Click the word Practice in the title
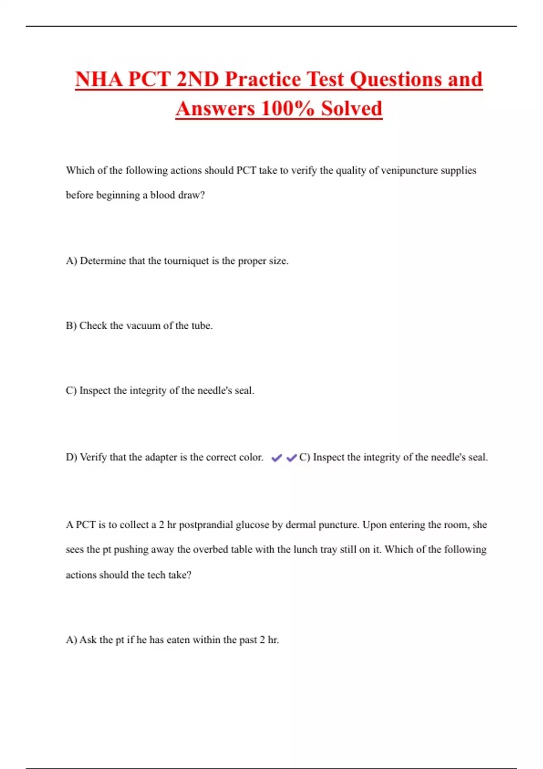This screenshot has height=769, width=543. click(x=263, y=79)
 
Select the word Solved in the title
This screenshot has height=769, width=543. click(x=352, y=109)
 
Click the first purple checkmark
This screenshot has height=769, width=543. click(x=276, y=458)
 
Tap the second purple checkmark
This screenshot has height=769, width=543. click(x=291, y=458)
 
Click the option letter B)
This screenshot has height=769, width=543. click(x=71, y=326)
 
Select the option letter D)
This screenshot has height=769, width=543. click(x=71, y=457)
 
